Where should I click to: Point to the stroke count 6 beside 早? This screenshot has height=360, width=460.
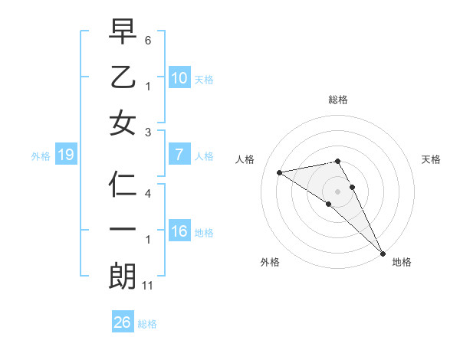pos(148,39)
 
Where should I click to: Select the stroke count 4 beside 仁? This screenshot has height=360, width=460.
pos(148,194)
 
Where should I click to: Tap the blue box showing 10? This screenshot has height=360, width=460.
pos(179,77)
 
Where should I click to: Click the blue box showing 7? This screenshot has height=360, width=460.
pos(179,155)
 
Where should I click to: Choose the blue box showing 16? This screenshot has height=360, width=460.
pos(179,231)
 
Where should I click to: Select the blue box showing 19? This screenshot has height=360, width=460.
pos(65,155)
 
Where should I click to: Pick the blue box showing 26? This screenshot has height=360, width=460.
pos(122,322)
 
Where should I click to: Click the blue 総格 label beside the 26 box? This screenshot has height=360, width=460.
pos(147,324)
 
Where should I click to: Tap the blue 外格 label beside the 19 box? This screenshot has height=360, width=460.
pos(41,156)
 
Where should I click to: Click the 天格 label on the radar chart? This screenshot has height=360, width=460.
pos(432,159)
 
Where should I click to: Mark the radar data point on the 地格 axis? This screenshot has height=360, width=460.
pos(382,253)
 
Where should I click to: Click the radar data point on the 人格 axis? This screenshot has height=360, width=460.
pos(280,172)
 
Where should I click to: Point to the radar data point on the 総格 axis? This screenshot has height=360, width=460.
pos(337,161)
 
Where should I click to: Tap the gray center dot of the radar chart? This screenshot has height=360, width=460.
pos(337,191)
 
